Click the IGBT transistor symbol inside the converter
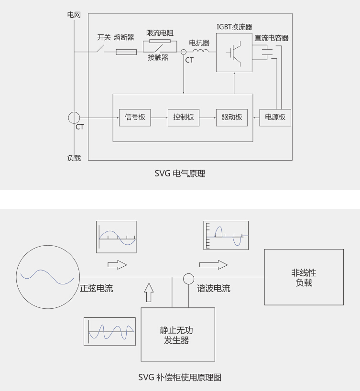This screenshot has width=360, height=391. [x=234, y=53]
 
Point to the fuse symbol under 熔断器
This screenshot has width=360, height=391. [x=126, y=52]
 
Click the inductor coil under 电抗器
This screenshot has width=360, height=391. [x=201, y=51]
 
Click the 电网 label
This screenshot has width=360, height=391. [x=74, y=15]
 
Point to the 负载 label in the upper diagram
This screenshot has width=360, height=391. [x=74, y=158]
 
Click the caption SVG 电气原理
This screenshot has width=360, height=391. [x=180, y=174]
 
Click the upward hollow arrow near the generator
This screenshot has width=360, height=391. [x=149, y=292]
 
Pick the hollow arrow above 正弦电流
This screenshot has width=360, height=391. [x=117, y=265]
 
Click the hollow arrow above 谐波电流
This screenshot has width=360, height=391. [x=213, y=265]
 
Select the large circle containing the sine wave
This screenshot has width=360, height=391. [x=16, y=277]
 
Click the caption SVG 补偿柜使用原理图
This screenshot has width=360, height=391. [x=180, y=377]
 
